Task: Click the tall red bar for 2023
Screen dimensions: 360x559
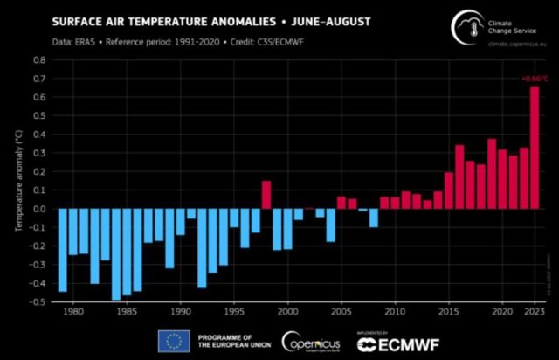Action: pyautogui.click(x=535, y=148)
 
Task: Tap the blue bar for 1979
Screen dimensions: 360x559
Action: pyautogui.click(x=63, y=250)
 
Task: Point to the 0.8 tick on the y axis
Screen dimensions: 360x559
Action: pyautogui.click(x=38, y=60)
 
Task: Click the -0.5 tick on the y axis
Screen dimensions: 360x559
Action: pyautogui.click(x=38, y=301)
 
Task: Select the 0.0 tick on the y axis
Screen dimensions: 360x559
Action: pyautogui.click(x=38, y=209)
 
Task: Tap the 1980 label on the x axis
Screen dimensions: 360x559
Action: pyautogui.click(x=73, y=311)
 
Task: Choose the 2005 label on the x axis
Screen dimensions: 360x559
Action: pyautogui.click(x=342, y=311)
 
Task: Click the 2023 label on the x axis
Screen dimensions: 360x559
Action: pyautogui.click(x=535, y=311)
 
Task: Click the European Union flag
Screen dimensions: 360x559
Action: pyautogui.click(x=173, y=341)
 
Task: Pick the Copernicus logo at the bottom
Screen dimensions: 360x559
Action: pyautogui.click(x=310, y=342)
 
